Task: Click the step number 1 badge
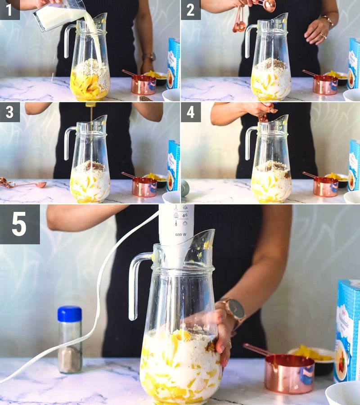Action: pos(9,9)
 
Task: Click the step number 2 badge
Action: pos(190,9)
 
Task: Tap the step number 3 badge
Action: pos(9,112)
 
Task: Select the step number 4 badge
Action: pos(190,112)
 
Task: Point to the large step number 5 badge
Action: pos(19,224)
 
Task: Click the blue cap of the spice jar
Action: pos(70,314)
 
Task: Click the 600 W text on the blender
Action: pos(181,234)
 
